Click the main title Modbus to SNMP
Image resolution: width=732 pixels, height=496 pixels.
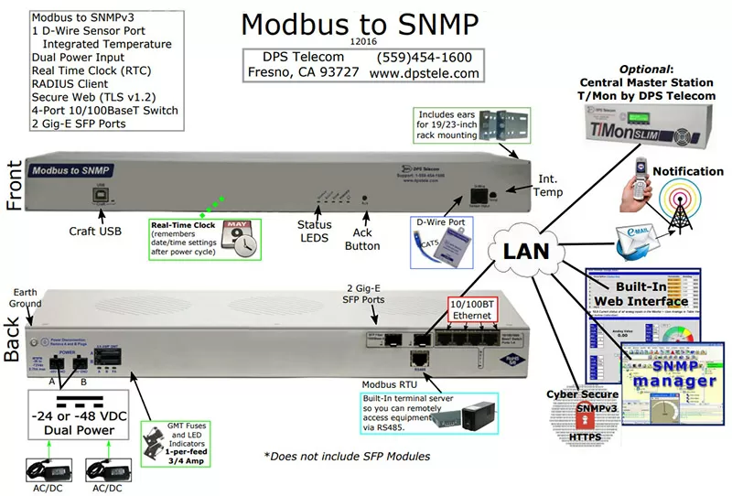click(x=359, y=24)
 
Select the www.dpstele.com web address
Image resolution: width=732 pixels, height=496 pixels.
click(x=425, y=73)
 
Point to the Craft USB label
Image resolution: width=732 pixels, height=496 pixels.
click(x=94, y=231)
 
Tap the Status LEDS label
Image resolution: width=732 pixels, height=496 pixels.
click(x=315, y=232)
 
